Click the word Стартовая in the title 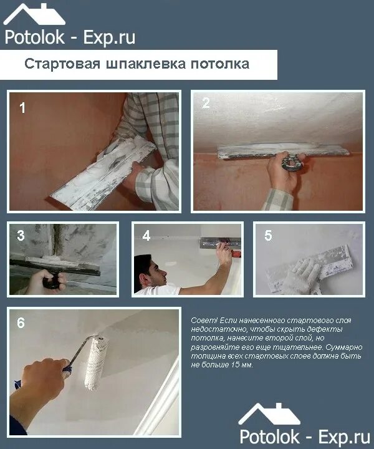tap(62, 64)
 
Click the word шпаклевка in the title tap(146, 64)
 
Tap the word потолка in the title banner tap(220, 64)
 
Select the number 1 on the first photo tap(22, 108)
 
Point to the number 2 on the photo tap(206, 103)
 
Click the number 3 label tap(21, 235)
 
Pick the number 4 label tap(146, 236)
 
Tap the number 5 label tap(268, 235)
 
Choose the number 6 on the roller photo tap(21, 323)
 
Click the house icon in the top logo tap(34, 14)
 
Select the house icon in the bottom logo tap(269, 414)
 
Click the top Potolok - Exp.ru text tap(70, 37)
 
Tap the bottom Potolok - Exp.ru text tap(305, 437)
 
